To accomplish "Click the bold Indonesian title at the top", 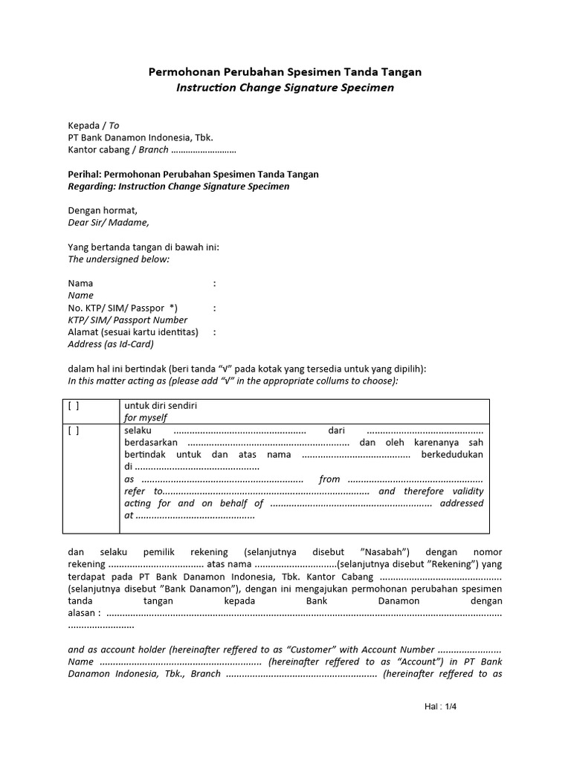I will coord(285,72).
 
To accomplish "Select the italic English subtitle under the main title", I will coord(285,88).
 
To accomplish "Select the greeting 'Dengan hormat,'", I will coord(103,210).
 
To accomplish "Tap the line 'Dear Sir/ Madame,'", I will coord(109,222).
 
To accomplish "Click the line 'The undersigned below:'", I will coord(119,259).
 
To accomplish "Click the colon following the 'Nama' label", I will coord(215,283).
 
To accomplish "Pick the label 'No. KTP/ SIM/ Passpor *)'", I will coord(123,308).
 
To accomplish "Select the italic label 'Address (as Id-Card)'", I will coord(111,344).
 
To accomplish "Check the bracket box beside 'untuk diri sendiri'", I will coord(74,406).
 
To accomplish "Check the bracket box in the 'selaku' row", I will coord(74,430).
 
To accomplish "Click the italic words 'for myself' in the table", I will coord(146,418).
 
